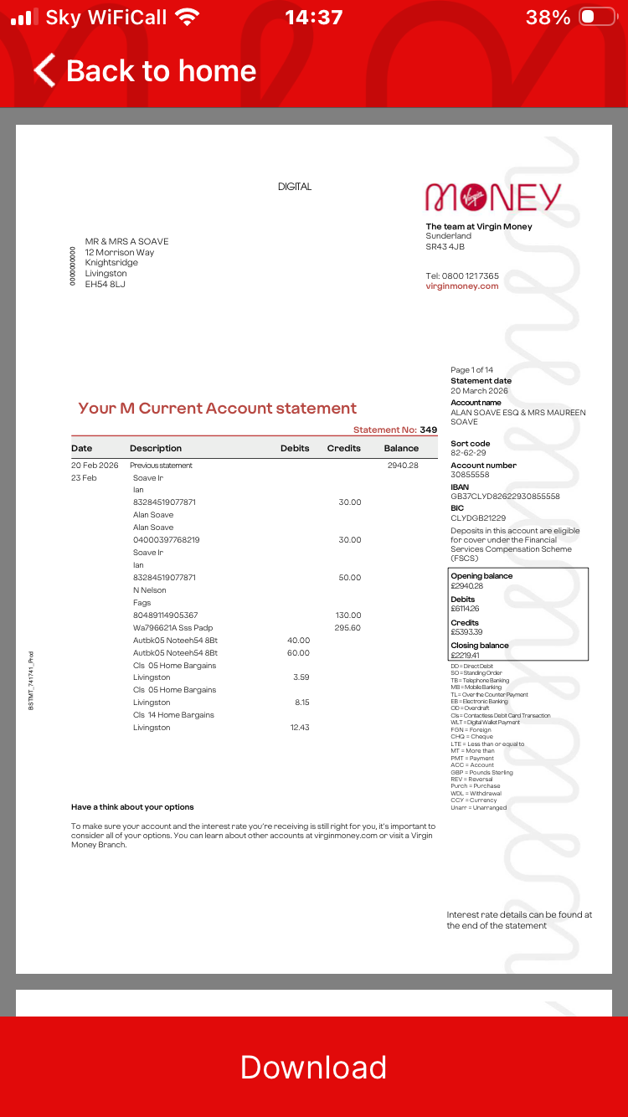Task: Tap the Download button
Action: click(313, 1067)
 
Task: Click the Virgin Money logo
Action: click(493, 198)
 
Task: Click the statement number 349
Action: click(429, 430)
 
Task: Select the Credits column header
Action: click(343, 448)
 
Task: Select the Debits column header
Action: click(295, 448)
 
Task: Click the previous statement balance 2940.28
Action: click(403, 465)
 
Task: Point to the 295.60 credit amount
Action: click(347, 627)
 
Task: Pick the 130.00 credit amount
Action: click(348, 615)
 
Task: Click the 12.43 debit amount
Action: click(300, 727)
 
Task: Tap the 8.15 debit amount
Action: click(302, 703)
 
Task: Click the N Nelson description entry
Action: click(150, 590)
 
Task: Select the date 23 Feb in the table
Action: click(84, 477)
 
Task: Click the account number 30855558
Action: click(470, 475)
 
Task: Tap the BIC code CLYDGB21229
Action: click(478, 518)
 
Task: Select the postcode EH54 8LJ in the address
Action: click(106, 284)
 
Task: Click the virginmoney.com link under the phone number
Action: click(462, 286)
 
